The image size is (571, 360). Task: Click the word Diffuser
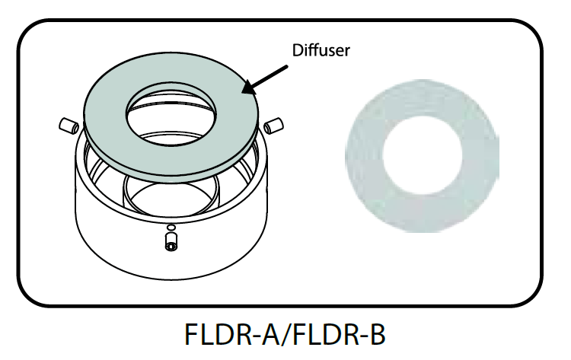pos(321,51)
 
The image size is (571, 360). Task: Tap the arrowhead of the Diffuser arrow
pos(246,91)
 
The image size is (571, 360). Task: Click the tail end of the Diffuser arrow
pos(287,66)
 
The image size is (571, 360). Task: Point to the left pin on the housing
pos(67,123)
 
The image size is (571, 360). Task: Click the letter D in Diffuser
pos(298,51)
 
